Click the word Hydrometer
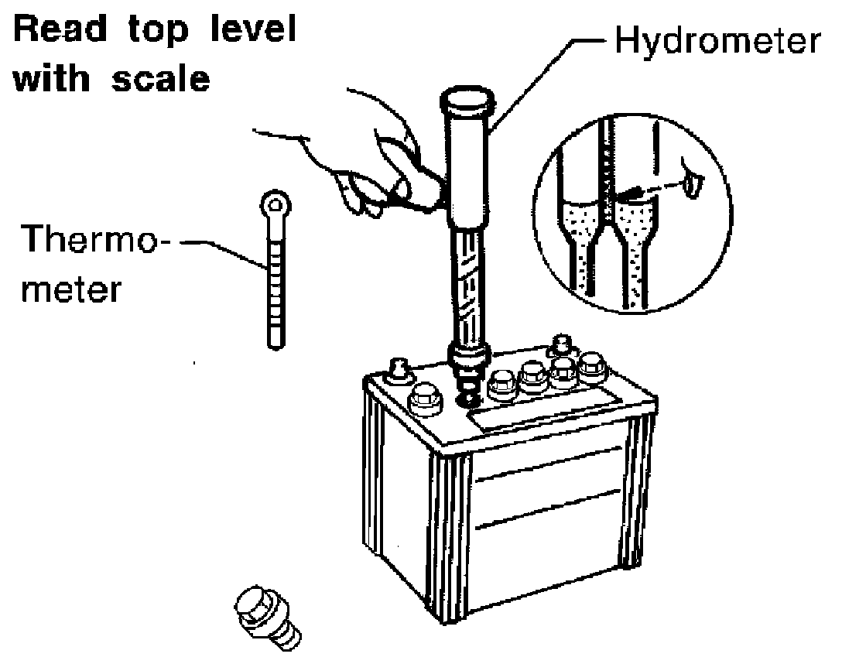point(717,40)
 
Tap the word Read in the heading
point(60,29)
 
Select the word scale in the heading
point(160,78)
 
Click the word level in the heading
point(252,29)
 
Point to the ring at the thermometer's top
point(276,204)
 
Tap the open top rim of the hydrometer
point(467,101)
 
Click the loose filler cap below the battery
point(267,618)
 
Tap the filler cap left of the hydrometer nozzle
point(424,400)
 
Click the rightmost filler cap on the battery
point(592,367)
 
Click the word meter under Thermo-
point(71,289)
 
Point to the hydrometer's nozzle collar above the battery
point(469,357)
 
